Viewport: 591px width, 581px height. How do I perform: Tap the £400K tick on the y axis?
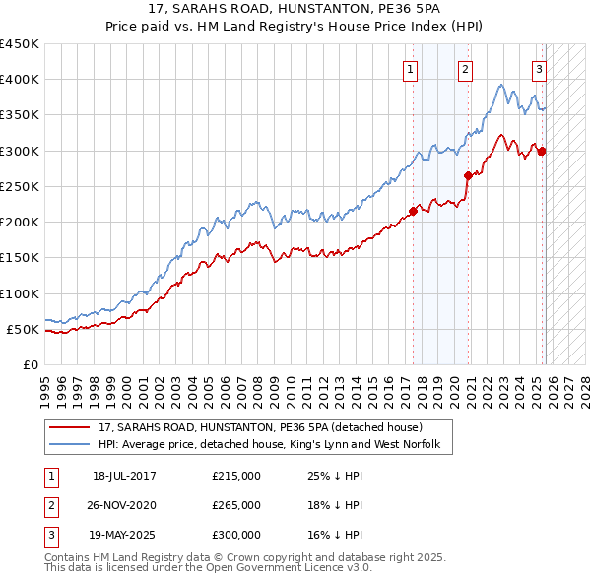click(x=20, y=80)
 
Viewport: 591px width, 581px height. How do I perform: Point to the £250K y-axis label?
click(x=20, y=186)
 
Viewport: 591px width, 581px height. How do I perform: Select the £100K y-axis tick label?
click(x=20, y=293)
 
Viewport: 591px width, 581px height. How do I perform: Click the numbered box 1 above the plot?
click(x=409, y=69)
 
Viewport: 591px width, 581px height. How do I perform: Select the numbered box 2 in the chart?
click(x=464, y=69)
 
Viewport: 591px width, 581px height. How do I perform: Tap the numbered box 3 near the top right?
click(x=539, y=69)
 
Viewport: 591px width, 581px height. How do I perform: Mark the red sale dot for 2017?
click(x=413, y=211)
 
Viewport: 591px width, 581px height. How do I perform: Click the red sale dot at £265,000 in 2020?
click(x=468, y=175)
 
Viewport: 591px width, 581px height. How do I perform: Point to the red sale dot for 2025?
click(x=541, y=151)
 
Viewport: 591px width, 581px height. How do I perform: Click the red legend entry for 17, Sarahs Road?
click(x=260, y=427)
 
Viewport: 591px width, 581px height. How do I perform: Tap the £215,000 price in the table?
click(x=236, y=475)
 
